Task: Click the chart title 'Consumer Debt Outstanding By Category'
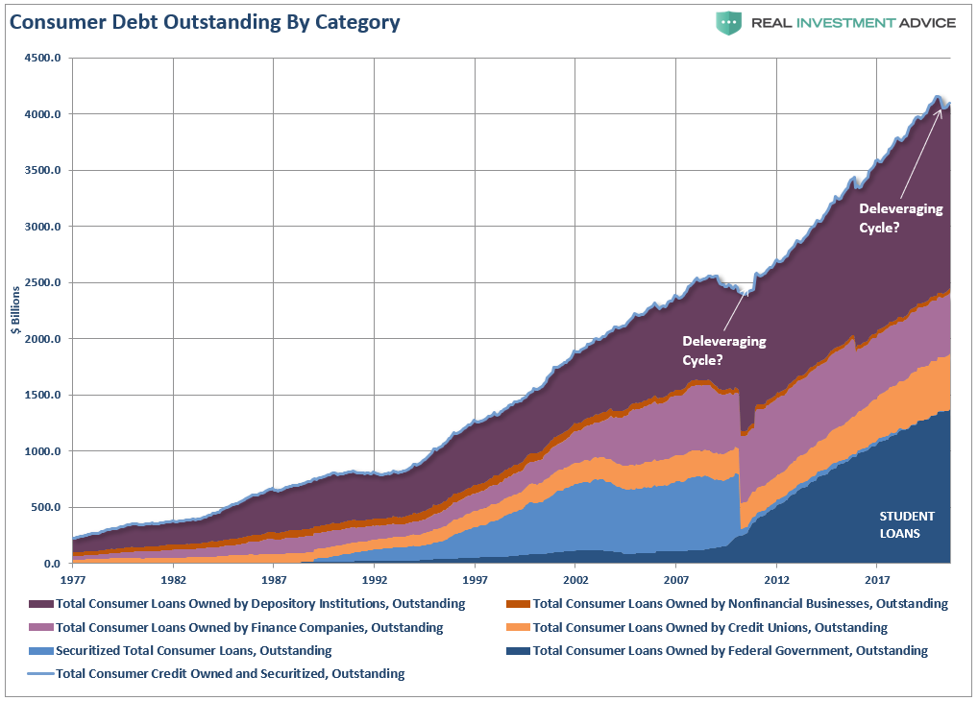205,21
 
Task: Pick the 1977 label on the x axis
72,580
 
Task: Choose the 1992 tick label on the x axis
375,580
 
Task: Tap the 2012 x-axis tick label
776,580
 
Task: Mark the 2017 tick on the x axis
877,580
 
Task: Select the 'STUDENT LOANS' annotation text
906,524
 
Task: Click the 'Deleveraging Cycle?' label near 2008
717,350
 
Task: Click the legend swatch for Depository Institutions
41,604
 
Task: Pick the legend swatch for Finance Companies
41,627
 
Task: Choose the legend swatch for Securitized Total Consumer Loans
41,651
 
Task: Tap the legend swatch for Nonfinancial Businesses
518,604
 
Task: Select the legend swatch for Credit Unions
518,627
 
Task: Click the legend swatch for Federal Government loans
518,651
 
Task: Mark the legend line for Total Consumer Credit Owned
41,674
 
